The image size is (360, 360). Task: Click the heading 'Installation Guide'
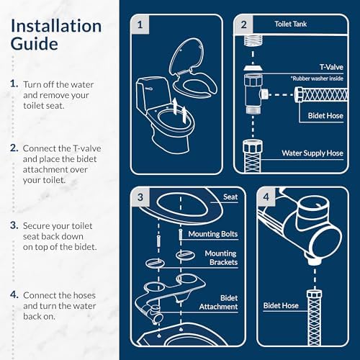click(x=55, y=35)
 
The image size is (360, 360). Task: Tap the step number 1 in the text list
click(x=14, y=84)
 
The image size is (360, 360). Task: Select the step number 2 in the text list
click(x=14, y=148)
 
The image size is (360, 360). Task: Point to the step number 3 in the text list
click(x=14, y=225)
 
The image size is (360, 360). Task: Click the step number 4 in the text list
click(x=14, y=295)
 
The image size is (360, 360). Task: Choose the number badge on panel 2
click(x=244, y=24)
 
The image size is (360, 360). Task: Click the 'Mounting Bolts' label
click(x=212, y=233)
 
